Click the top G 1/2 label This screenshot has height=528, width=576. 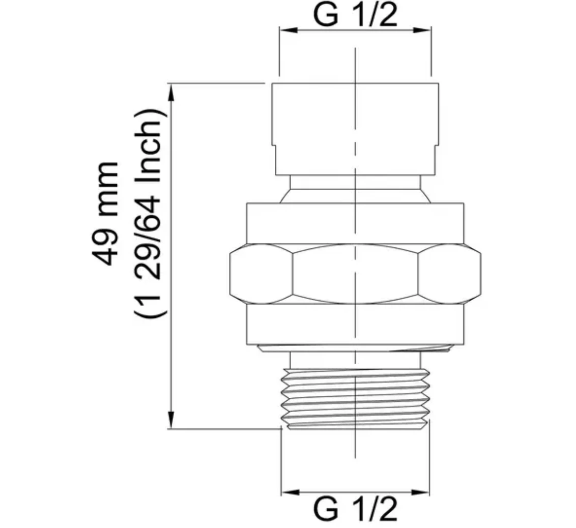(x=355, y=15)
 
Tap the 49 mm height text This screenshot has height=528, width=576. (x=106, y=213)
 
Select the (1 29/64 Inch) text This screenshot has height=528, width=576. (x=149, y=213)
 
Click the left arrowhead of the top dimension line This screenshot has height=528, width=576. (x=289, y=30)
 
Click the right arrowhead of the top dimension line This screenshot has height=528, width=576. (x=422, y=30)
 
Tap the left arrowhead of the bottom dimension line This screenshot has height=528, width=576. (x=290, y=492)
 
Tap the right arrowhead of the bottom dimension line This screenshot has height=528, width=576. (x=421, y=492)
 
